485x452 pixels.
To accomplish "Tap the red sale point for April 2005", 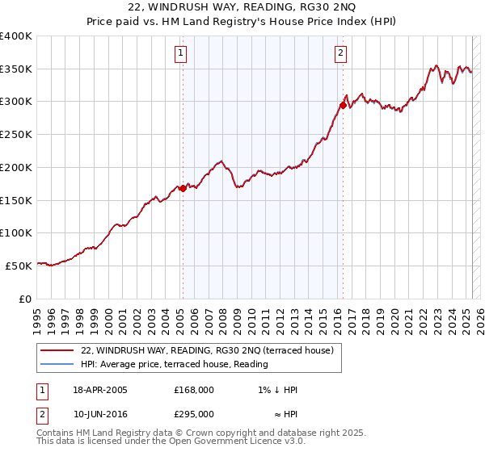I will click(183, 188).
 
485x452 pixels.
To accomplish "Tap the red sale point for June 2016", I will click(344, 105).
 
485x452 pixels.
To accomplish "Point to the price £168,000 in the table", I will click(193, 390).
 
